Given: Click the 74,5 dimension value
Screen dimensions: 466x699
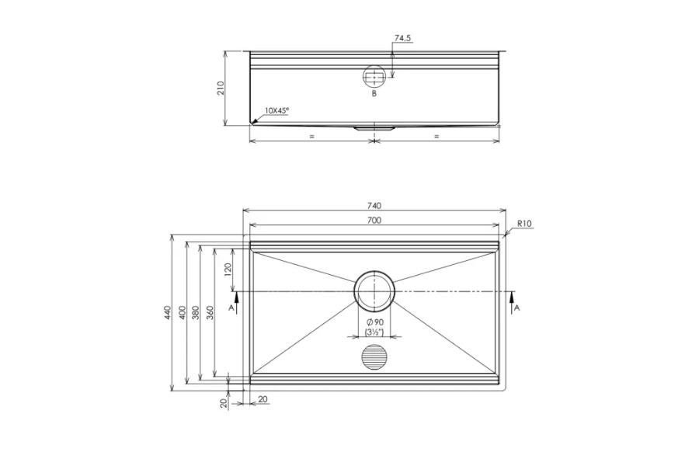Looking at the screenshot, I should point(402,37).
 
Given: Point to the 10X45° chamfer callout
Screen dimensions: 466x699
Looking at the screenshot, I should point(276,111).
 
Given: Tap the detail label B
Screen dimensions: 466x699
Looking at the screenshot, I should point(374,94).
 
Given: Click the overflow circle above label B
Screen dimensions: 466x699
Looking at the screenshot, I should point(374,76).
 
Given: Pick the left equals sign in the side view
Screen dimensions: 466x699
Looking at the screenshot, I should point(311,136).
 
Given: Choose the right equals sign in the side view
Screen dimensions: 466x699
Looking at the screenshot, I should point(436,136).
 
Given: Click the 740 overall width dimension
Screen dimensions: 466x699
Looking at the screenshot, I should point(374,206).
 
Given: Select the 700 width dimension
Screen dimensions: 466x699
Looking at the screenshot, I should point(374,221).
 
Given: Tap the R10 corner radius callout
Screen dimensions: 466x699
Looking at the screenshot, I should point(523,224).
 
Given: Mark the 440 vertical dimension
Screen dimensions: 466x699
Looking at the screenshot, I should point(167,313).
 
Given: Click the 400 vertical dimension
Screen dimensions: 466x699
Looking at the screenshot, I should point(182,313).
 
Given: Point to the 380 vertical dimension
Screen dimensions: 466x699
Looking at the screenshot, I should point(196,313).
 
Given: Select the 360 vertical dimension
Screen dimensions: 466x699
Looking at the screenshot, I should point(211,313).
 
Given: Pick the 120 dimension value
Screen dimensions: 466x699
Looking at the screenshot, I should point(228,270).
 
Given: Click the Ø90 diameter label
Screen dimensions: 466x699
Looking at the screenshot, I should point(374,322).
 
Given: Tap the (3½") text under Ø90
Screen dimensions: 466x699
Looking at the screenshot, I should point(374,332).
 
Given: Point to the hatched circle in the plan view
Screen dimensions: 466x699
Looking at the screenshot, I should point(374,358).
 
